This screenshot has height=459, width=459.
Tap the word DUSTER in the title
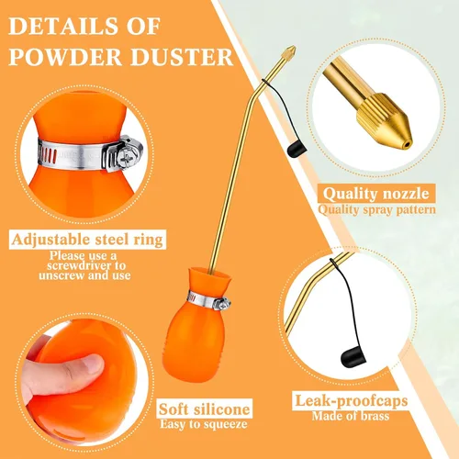coord(182,57)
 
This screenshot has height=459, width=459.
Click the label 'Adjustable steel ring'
coord(87,240)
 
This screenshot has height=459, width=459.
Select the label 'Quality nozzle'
coord(376,194)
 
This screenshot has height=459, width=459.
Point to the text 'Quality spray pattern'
coord(377,210)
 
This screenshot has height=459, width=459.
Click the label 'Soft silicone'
coord(205,409)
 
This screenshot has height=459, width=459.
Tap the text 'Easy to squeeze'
coord(204,424)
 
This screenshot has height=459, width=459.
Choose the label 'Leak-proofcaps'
coord(352,401)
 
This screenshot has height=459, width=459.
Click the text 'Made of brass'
coord(351,416)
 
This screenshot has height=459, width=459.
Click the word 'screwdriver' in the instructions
coord(86,265)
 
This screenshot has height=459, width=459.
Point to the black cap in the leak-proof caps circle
coord(353,357)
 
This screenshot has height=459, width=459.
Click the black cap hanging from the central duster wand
coord(297,150)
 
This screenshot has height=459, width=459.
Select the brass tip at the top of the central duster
coord(288,52)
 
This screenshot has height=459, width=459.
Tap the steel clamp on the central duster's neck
coord(209,302)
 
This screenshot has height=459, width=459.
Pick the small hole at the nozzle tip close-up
coord(406,144)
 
